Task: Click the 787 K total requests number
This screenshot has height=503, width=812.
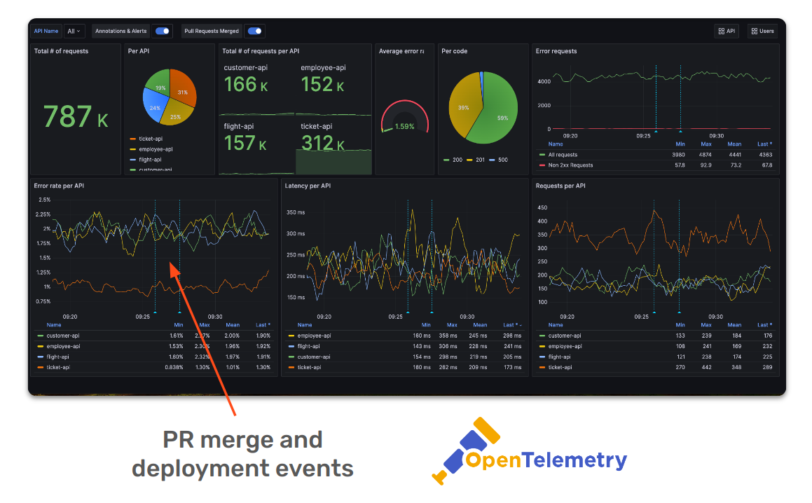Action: click(76, 117)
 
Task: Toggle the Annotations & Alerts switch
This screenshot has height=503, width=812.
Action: click(163, 31)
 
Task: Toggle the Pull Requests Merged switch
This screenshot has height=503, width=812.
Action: click(254, 31)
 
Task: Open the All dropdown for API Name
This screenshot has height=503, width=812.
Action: click(74, 31)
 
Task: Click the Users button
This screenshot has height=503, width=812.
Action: click(762, 31)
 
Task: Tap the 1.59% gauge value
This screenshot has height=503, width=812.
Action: click(404, 127)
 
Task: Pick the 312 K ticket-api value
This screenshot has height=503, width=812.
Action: click(322, 143)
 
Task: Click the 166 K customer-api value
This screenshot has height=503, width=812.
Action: click(245, 85)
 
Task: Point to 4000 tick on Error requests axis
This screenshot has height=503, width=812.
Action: click(544, 81)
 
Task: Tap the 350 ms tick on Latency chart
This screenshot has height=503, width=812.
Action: click(296, 212)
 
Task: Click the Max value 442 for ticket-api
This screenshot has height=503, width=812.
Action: click(706, 367)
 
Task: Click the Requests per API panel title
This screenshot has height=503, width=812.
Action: click(560, 186)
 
